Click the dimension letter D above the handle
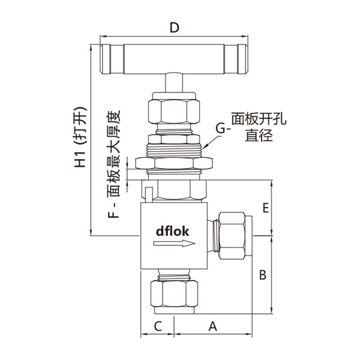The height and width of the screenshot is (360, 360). (x=174, y=28)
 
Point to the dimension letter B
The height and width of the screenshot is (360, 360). (x=262, y=275)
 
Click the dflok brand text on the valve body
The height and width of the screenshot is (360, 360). (x=173, y=230)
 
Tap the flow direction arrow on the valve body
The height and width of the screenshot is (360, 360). (x=174, y=244)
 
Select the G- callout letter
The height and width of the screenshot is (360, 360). (x=221, y=128)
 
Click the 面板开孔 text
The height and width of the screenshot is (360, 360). (x=259, y=119)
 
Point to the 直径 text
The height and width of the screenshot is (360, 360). (x=259, y=135)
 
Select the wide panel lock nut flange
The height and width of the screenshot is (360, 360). (x=174, y=163)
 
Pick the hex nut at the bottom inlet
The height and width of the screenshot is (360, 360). (x=174, y=294)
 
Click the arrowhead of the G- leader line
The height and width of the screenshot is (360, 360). (x=204, y=146)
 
